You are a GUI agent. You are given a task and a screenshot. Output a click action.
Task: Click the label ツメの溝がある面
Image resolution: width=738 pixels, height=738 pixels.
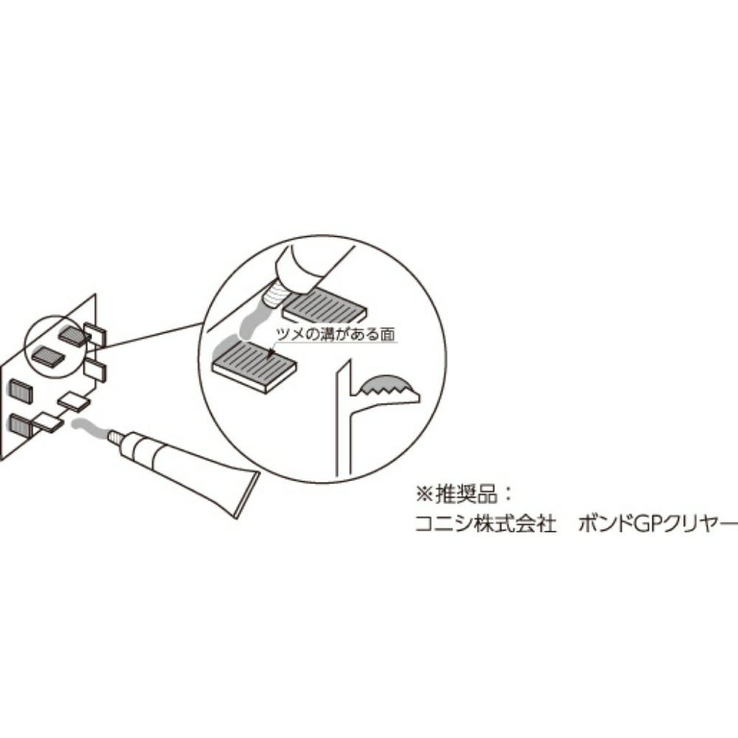tap(334, 334)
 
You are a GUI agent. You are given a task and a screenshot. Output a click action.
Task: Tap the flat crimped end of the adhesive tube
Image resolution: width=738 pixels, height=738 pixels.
tap(248, 494)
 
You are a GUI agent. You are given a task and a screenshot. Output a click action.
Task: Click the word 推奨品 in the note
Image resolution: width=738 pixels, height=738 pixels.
tap(466, 494)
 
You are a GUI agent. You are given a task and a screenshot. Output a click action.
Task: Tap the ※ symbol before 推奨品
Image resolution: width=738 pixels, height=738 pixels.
tap(424, 494)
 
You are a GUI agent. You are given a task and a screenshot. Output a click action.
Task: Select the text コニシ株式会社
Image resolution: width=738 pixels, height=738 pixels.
tap(486, 523)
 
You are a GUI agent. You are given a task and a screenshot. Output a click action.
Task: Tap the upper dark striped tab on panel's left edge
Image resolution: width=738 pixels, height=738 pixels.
tap(21, 391)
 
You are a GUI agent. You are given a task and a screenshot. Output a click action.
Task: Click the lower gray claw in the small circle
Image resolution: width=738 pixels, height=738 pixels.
tap(48, 356)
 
